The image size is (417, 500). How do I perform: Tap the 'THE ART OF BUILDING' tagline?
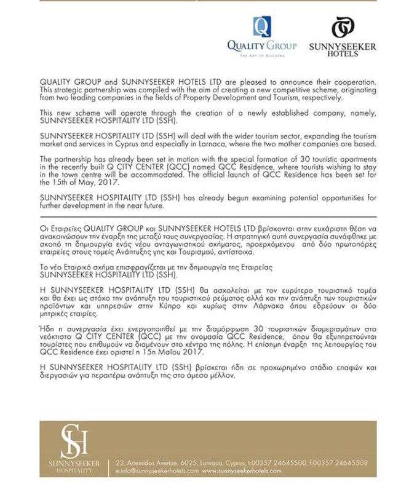[262, 56]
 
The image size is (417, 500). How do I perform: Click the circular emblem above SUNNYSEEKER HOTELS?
[343, 28]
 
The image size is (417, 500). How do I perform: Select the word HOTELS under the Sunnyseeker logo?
[343, 54]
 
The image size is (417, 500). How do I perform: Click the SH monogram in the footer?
[74, 440]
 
